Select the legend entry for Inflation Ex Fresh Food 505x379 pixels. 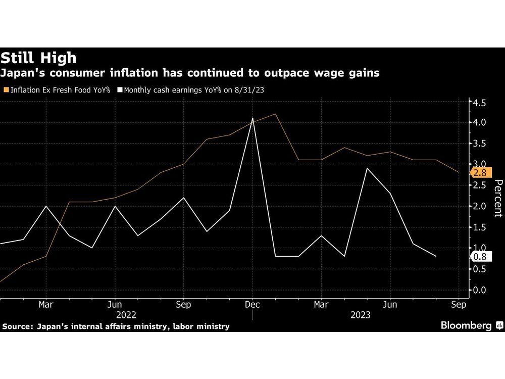coord(57,90)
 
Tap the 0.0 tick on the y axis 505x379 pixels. coord(479,290)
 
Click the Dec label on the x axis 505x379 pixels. coord(252,305)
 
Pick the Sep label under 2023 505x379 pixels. coord(459,305)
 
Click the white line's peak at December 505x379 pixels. coord(252,118)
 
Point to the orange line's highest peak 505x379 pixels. coord(275,114)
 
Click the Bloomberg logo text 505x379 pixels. coord(466,326)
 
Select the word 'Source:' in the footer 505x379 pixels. coord(18,326)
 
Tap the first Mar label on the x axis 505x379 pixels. coord(46,305)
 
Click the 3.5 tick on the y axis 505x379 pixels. coord(479,144)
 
